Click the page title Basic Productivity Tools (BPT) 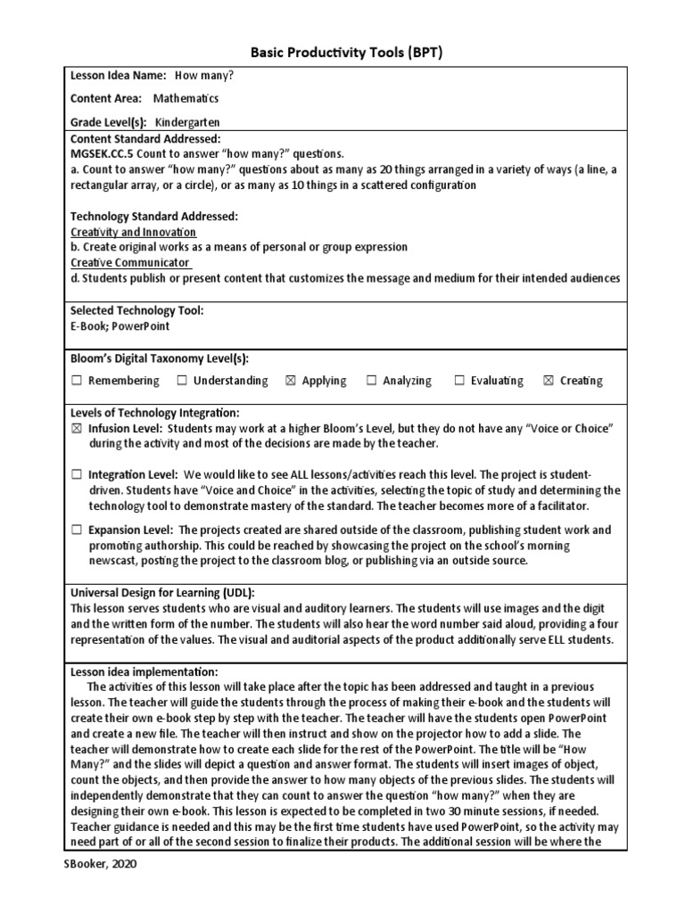pyautogui.click(x=342, y=53)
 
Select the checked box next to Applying pyautogui.click(x=290, y=382)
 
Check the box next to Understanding pyautogui.click(x=182, y=382)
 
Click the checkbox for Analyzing pyautogui.click(x=371, y=382)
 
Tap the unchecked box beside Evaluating pyautogui.click(x=460, y=382)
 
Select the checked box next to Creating pyautogui.click(x=549, y=382)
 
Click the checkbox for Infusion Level pyautogui.click(x=77, y=429)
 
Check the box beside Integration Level pyautogui.click(x=77, y=475)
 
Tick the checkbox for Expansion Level pyautogui.click(x=77, y=531)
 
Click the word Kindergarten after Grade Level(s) pyautogui.click(x=187, y=122)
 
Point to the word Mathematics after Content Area pyautogui.click(x=186, y=99)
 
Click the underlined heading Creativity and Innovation pyautogui.click(x=133, y=232)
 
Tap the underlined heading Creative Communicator pyautogui.click(x=131, y=263)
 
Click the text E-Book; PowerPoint pyautogui.click(x=120, y=326)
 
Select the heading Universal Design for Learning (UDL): pyautogui.click(x=162, y=593)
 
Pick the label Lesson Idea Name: pyautogui.click(x=119, y=76)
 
